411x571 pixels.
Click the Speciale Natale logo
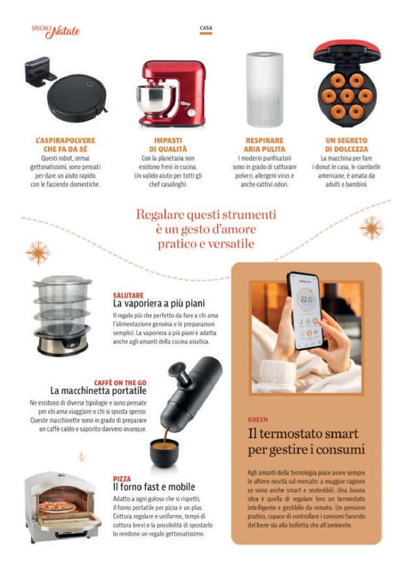55,31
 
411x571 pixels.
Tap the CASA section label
206,28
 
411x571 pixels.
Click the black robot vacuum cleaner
77,98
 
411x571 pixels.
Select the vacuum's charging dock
39,71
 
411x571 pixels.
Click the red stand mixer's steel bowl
156,99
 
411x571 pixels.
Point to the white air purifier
264,89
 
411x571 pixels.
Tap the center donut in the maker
347,96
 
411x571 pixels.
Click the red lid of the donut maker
347,50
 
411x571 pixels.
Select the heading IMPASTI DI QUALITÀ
168,145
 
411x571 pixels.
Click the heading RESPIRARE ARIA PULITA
264,145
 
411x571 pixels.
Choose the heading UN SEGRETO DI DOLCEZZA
347,145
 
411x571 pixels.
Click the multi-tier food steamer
62,315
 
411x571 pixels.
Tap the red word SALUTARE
128,295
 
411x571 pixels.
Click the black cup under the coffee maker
164,453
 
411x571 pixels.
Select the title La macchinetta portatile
98,391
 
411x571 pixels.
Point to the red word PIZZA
122,479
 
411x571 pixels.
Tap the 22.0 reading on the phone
306,300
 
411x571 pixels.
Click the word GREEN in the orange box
258,419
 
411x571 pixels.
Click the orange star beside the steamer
38,253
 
